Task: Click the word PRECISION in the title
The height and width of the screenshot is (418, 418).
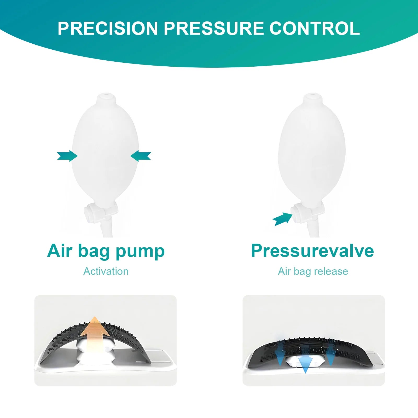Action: coord(108,28)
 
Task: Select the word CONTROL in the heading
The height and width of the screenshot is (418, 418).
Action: coord(315,28)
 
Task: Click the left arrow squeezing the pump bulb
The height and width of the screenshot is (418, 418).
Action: coord(67,156)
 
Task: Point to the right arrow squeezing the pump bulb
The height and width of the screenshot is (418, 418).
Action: coord(141,156)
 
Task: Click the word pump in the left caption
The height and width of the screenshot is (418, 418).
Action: coord(140,252)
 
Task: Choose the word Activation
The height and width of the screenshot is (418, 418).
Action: coord(106,271)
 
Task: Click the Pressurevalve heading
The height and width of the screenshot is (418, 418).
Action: coord(312,251)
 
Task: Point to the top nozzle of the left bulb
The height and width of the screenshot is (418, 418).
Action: coord(106,98)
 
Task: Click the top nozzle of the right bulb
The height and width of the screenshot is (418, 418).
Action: coord(312,98)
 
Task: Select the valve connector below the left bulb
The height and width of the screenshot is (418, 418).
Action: coord(101,210)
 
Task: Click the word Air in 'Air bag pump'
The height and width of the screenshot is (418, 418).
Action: coord(60,251)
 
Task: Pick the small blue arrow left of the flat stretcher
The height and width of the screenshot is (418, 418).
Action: coord(280,353)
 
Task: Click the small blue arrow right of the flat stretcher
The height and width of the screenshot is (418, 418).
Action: coord(331,353)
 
